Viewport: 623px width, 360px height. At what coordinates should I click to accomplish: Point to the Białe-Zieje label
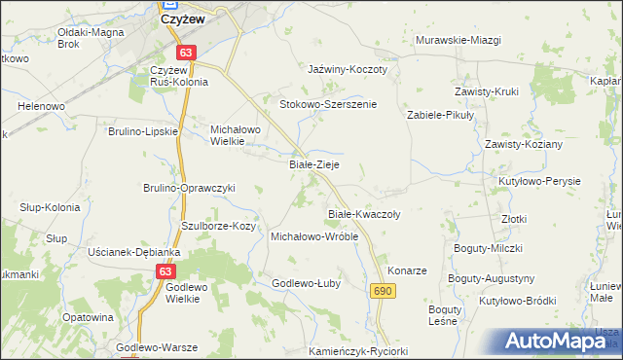coord(314,164)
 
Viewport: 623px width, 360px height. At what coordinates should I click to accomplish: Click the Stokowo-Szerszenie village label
coord(328,103)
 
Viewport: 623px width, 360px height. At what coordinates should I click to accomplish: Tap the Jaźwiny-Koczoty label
coord(348,70)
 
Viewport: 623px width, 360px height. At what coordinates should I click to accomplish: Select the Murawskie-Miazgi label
coord(458,40)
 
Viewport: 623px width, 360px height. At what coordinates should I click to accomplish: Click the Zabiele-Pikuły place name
coord(440,115)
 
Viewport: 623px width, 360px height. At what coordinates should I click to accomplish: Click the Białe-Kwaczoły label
coord(360,212)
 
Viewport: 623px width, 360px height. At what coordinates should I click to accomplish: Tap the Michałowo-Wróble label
coord(314,236)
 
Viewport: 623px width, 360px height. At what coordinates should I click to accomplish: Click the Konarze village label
coord(408,270)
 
